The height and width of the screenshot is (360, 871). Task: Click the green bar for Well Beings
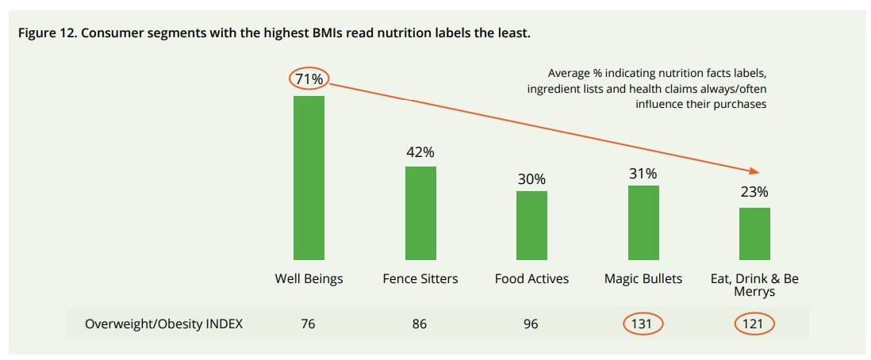(309, 178)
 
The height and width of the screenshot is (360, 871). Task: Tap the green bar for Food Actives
(531, 225)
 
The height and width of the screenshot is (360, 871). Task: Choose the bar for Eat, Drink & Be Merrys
(754, 233)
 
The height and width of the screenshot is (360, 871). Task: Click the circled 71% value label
(309, 79)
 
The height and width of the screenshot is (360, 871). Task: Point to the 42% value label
(420, 152)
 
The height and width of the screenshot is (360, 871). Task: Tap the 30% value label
(531, 179)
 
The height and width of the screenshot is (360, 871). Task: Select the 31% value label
(643, 174)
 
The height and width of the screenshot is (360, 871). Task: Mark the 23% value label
(754, 192)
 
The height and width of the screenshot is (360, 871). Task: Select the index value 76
(309, 324)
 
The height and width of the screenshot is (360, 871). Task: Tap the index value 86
(420, 324)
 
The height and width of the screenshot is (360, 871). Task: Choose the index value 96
(531, 324)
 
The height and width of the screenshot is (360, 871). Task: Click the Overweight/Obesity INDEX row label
(154, 324)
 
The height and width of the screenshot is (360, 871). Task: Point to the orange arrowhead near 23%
(755, 172)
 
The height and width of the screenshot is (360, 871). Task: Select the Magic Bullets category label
(643, 279)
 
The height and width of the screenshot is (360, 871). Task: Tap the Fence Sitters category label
(420, 279)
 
